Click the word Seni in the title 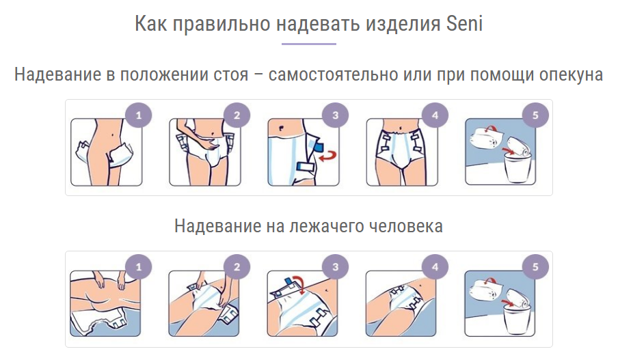(x=464, y=23)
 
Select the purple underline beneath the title (x=308, y=44)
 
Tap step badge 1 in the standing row (x=138, y=115)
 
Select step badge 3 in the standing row (x=336, y=115)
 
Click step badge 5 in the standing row (x=535, y=115)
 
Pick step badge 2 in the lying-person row (x=237, y=267)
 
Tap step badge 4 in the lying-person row (x=435, y=267)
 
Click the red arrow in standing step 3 (x=327, y=156)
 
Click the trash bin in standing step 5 (x=518, y=168)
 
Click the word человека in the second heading (x=405, y=227)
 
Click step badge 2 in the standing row (x=237, y=115)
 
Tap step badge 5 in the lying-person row (x=535, y=267)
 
